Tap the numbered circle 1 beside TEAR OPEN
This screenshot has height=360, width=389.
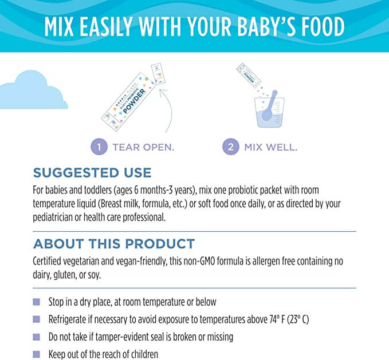[x=99, y=147]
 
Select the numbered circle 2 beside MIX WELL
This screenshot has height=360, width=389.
[x=231, y=147]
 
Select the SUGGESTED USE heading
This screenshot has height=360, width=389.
[x=92, y=172]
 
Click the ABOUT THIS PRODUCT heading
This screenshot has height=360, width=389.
[x=114, y=243]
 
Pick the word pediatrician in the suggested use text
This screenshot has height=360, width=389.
[x=58, y=217]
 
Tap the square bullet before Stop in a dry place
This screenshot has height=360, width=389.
[x=37, y=302]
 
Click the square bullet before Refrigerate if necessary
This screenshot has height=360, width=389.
[x=37, y=319]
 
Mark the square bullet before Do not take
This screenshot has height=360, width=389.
[x=37, y=337]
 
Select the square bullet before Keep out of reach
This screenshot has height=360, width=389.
[x=37, y=354]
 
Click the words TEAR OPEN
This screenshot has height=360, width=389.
[x=143, y=147]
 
